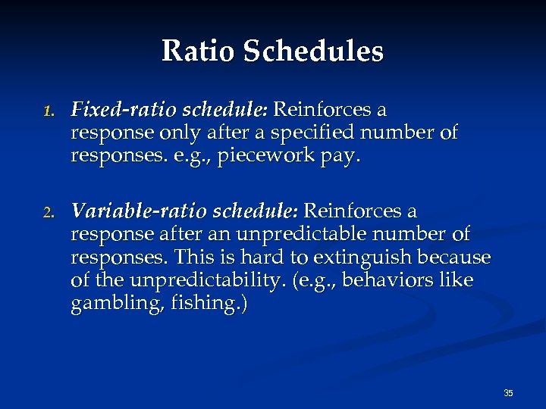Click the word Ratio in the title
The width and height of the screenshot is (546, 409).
(198, 52)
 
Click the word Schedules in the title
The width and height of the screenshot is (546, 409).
(313, 52)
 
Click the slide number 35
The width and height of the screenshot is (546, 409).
(508, 393)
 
